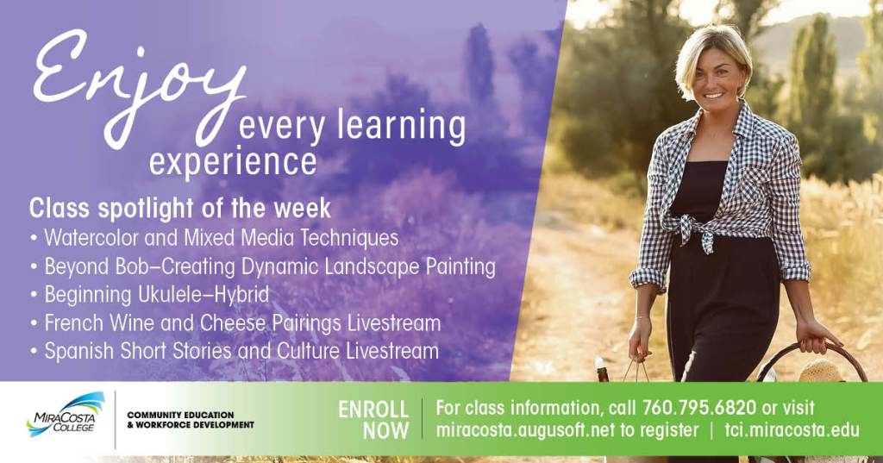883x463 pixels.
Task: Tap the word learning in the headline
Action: [400, 126]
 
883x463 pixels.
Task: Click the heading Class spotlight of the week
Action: [179, 209]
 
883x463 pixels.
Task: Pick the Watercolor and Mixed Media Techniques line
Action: [222, 237]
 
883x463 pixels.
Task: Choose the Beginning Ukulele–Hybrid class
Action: [157, 294]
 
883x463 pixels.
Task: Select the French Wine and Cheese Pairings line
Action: [242, 322]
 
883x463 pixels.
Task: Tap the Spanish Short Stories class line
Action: [241, 351]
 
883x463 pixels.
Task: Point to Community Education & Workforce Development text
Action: [191, 420]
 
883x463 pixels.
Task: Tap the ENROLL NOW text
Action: [373, 420]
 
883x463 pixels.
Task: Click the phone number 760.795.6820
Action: [698, 407]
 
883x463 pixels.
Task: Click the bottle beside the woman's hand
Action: [600, 370]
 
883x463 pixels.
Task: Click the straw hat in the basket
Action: [819, 372]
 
